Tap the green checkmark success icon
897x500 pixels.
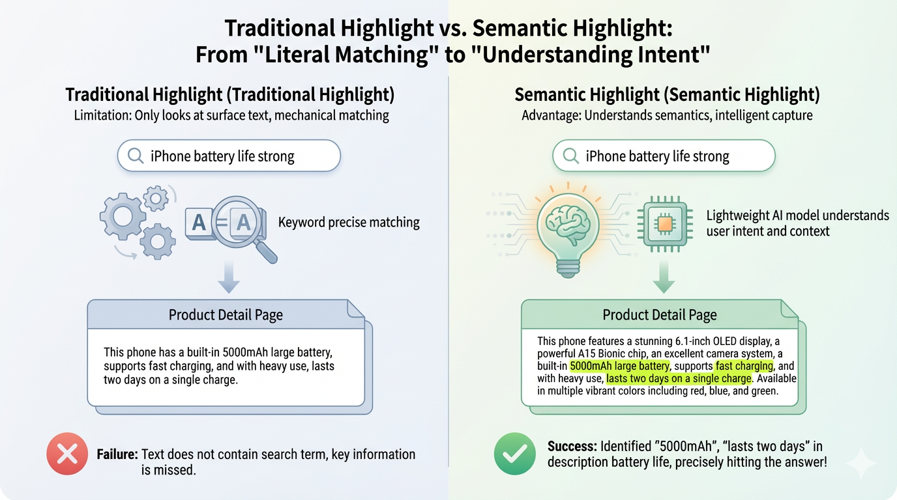(x=514, y=453)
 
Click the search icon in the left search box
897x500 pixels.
(x=136, y=156)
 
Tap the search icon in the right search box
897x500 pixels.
(x=571, y=156)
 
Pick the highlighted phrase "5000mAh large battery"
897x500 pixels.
(x=619, y=366)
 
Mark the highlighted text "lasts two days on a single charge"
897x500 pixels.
(x=679, y=378)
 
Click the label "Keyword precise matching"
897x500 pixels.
(x=349, y=223)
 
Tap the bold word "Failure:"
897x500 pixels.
(x=117, y=454)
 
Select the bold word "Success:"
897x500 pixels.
(x=572, y=447)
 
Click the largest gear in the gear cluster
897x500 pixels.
(x=122, y=215)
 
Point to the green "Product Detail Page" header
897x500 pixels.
(x=660, y=315)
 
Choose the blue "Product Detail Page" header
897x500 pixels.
(x=226, y=315)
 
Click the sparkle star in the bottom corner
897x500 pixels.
(x=860, y=464)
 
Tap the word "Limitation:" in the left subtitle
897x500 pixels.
(x=101, y=116)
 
